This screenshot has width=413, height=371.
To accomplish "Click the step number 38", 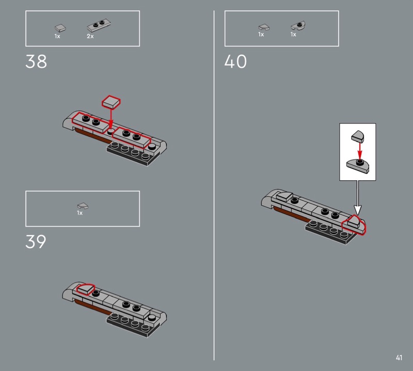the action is click(36, 61).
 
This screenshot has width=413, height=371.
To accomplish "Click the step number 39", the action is click(36, 241).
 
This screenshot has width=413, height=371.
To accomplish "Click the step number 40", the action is click(235, 61).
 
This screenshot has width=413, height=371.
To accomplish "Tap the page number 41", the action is click(399, 358).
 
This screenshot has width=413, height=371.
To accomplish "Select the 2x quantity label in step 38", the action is click(90, 36).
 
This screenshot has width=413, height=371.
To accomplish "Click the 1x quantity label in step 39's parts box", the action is click(80, 213).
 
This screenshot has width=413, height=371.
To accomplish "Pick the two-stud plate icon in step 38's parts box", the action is click(99, 25).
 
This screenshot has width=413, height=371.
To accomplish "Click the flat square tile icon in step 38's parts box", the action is click(60, 28).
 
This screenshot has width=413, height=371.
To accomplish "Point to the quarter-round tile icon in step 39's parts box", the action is click(83, 206).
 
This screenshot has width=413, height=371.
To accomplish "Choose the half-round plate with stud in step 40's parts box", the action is click(298, 26).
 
